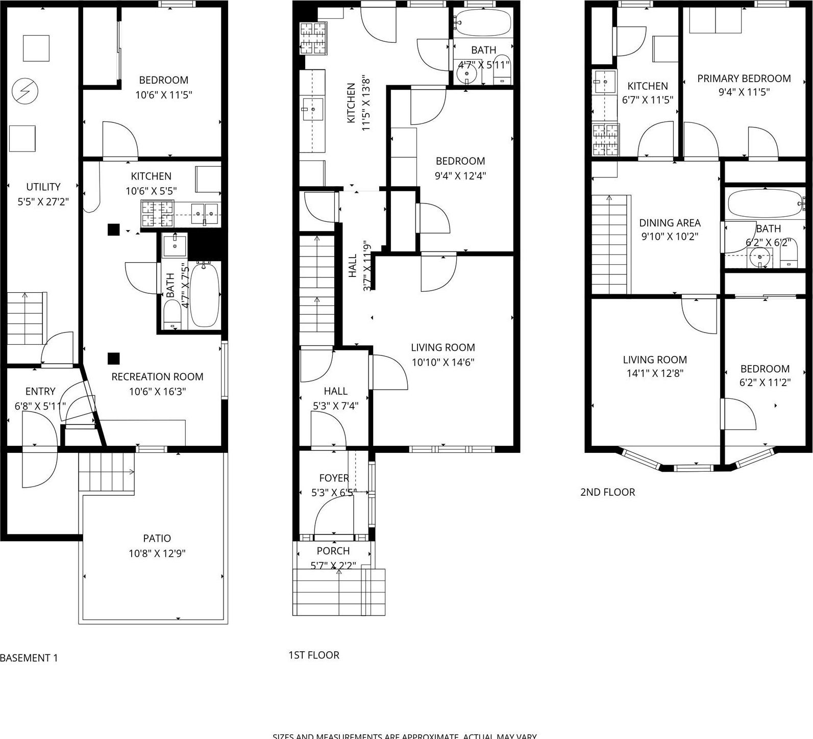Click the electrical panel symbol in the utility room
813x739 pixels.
click(24, 91)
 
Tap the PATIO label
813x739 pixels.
click(157, 539)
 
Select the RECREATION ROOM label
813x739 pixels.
click(157, 377)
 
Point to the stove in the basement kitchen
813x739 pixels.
click(157, 214)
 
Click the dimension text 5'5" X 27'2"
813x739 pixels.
click(43, 202)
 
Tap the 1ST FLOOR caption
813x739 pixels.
click(314, 655)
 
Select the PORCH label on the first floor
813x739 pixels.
click(333, 551)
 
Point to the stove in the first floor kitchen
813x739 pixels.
click(313, 39)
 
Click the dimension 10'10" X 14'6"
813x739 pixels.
click(443, 363)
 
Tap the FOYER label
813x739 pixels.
click(334, 478)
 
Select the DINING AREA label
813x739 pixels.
click(670, 223)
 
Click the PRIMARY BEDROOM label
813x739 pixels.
click(744, 79)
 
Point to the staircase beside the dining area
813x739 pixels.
click(609, 245)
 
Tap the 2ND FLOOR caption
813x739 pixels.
click(607, 493)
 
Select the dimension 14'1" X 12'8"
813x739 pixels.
click(655, 373)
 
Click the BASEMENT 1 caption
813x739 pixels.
click(29, 658)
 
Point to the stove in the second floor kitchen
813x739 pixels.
click(605, 140)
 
